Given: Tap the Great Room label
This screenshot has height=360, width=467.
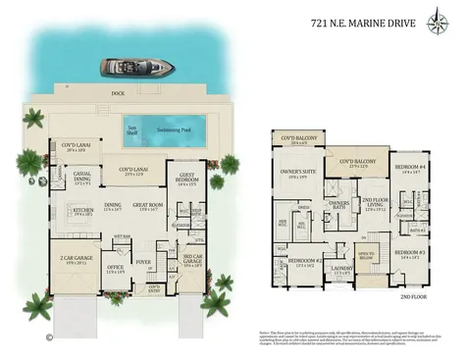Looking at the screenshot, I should (x=149, y=207).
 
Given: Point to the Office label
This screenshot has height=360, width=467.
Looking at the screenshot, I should (x=115, y=268).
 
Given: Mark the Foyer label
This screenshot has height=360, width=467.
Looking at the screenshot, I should (x=143, y=262).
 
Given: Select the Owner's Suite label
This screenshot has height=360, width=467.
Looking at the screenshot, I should (x=297, y=173).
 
